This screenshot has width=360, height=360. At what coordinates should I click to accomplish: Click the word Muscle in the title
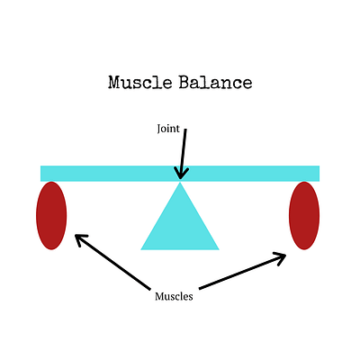(x=140, y=82)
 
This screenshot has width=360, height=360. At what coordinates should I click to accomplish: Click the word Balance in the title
(x=215, y=82)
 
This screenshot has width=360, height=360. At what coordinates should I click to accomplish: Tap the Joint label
(x=168, y=129)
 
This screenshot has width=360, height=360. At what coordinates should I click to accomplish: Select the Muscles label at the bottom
(x=174, y=296)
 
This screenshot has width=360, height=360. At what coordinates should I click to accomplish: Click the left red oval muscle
(x=51, y=215)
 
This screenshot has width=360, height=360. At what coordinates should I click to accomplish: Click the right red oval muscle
(x=304, y=215)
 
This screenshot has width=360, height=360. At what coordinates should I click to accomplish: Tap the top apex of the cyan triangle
(x=180, y=182)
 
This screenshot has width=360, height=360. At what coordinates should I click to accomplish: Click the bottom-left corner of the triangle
(x=141, y=249)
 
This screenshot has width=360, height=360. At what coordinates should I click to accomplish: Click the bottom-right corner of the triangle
(x=219, y=249)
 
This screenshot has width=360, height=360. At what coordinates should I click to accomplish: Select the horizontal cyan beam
(x=180, y=174)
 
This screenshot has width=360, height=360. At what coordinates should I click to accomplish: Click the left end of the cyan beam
(x=40, y=174)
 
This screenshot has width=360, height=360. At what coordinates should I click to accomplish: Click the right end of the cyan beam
(x=319, y=174)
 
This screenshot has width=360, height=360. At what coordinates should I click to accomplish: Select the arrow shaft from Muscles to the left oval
(x=112, y=263)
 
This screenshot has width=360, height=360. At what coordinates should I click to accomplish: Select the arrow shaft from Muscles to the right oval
(x=242, y=272)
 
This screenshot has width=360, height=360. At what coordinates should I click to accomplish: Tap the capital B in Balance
(x=185, y=82)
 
